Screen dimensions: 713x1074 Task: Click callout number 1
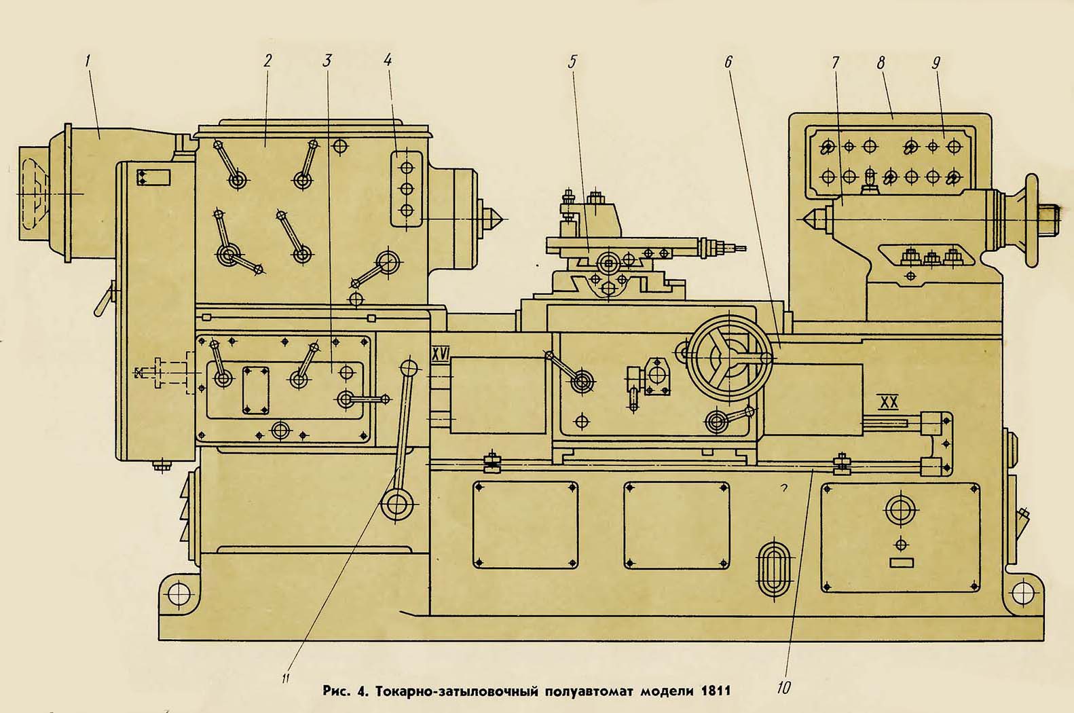(88, 60)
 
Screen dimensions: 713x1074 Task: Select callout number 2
(267, 60)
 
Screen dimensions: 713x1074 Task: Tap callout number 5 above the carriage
(572, 62)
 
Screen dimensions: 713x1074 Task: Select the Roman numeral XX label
(888, 403)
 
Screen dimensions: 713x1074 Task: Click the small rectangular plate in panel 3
(255, 390)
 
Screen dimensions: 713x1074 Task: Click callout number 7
(835, 62)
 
